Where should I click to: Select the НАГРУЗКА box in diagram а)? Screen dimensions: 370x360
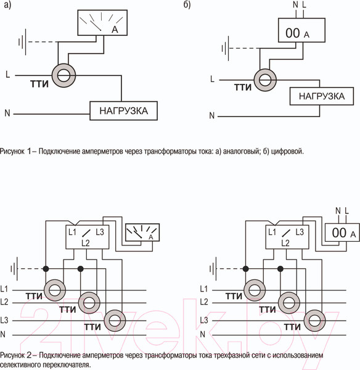pos(123,112)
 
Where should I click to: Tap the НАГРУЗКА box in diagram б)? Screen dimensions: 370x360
pos(321,96)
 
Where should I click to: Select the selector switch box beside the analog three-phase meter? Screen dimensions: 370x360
pos(87,237)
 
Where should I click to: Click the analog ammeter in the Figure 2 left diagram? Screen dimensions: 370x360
pos(142,232)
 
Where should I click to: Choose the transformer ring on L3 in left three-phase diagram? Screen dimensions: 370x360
pos(113,320)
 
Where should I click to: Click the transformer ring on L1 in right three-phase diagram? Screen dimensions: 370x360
pos(253,289)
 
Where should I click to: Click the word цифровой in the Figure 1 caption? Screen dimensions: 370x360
pos(288,150)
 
